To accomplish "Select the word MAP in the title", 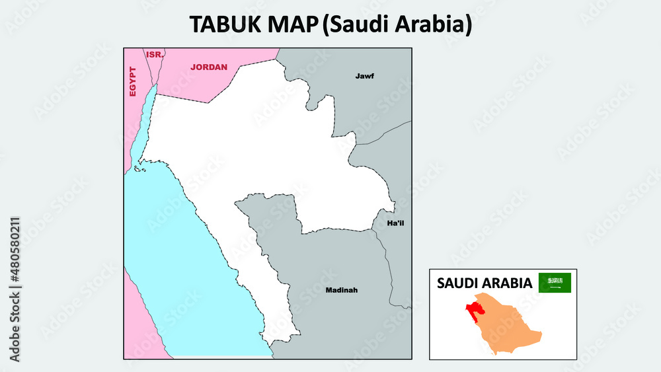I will [293, 24].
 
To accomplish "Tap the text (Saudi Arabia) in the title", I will [397, 24].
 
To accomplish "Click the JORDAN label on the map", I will [208, 67].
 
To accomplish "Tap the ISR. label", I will [154, 54].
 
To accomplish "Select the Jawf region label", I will [364, 76].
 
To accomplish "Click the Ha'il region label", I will [395, 223].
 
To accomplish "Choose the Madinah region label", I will [341, 289].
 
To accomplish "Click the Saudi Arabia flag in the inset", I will [555, 283].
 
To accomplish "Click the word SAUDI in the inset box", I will [458, 283].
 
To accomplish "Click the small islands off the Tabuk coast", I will [138, 169].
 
